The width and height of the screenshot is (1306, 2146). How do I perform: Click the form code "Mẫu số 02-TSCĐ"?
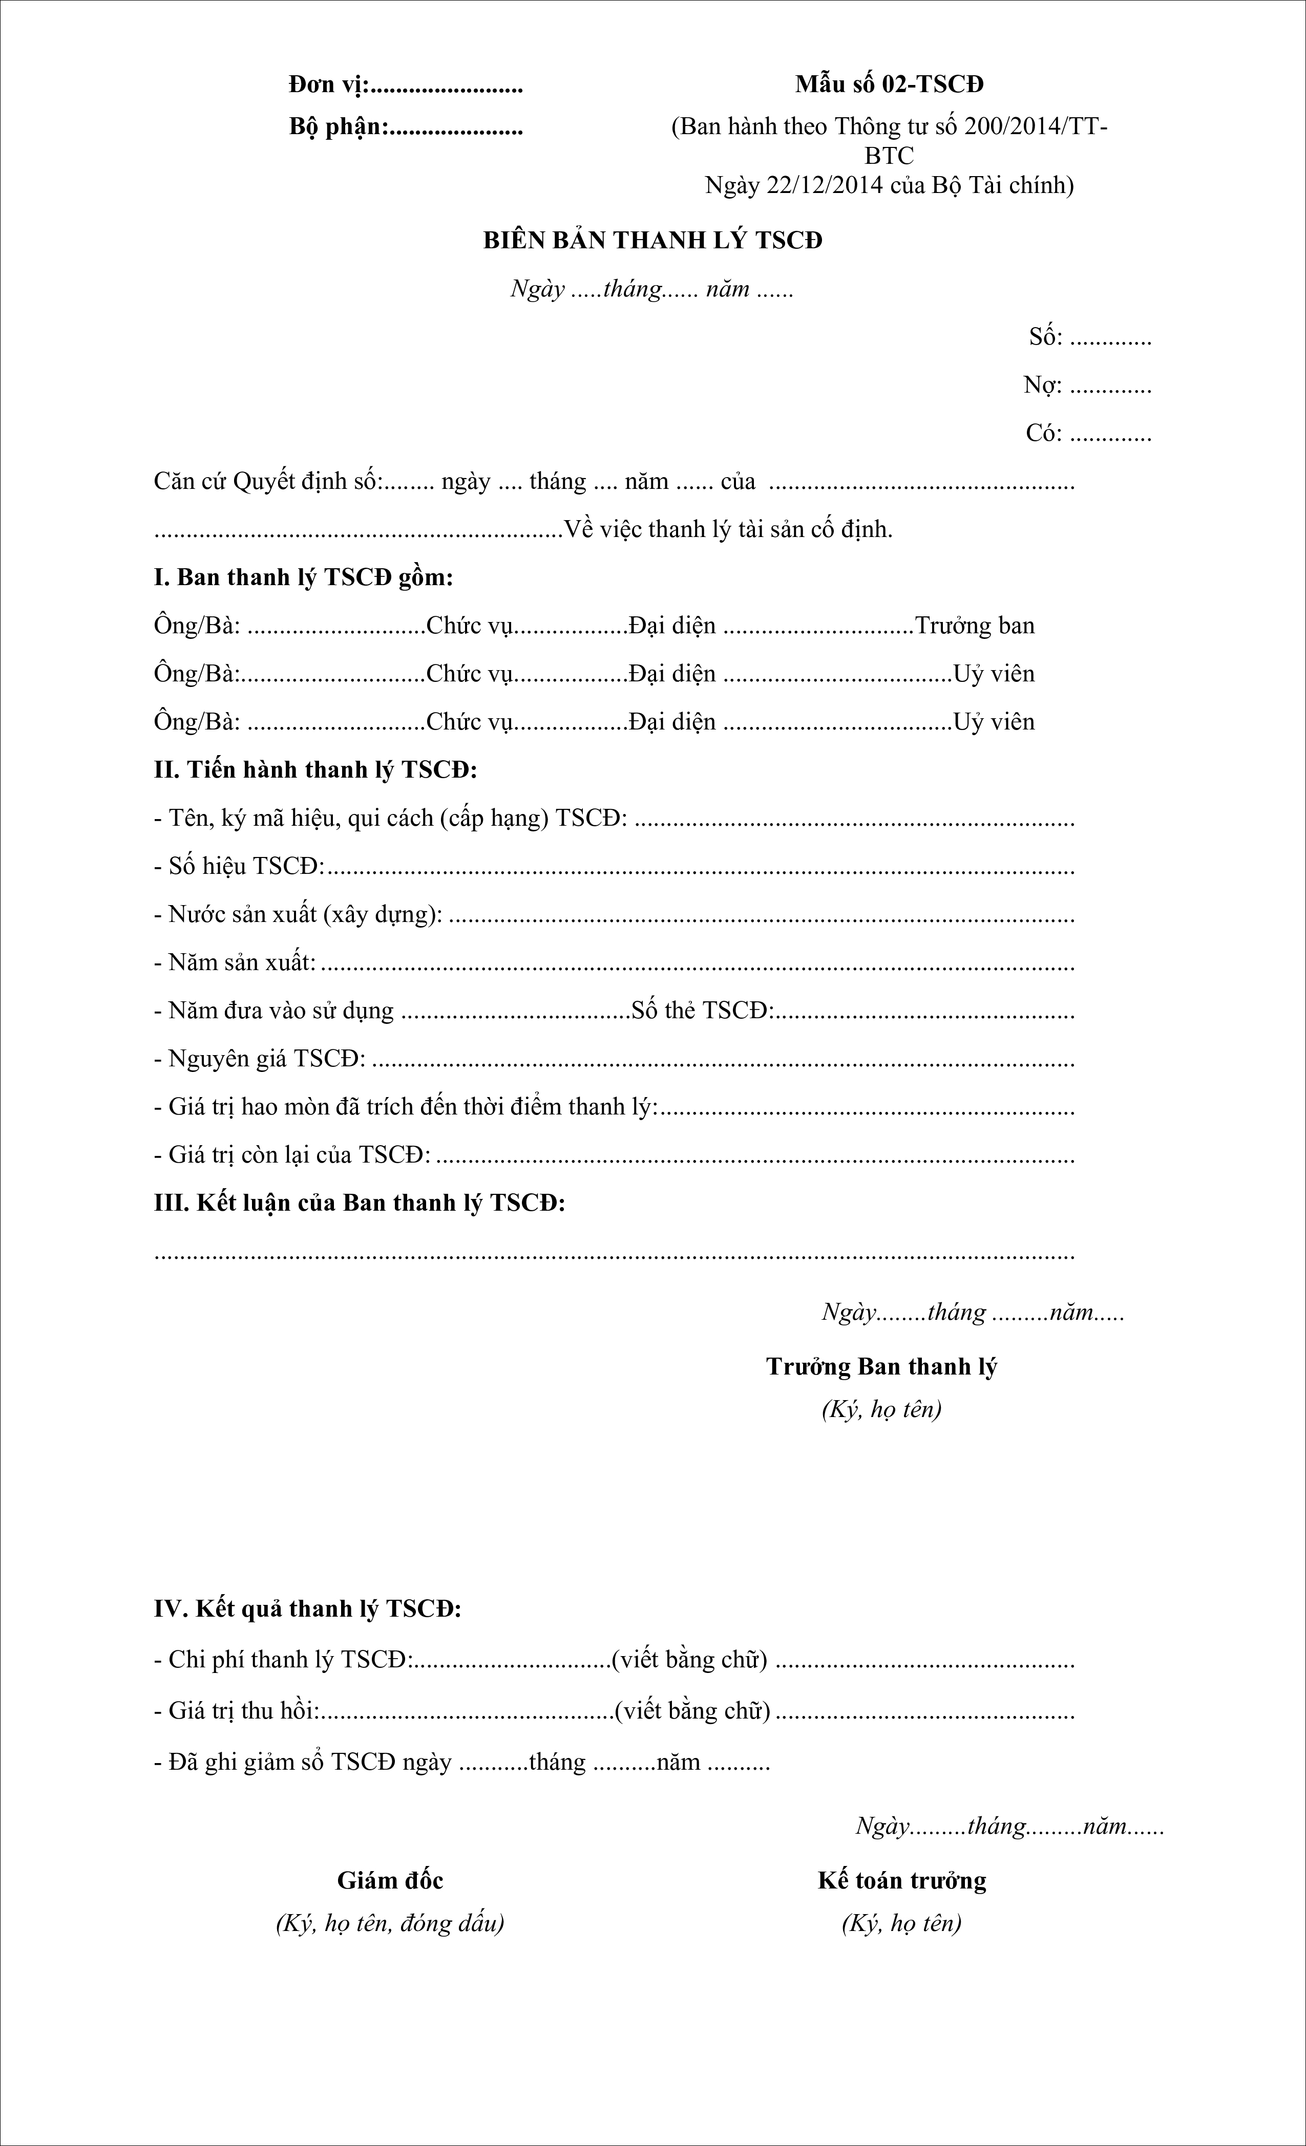(889, 84)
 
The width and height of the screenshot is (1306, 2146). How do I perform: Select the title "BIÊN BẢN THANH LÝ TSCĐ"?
(652, 241)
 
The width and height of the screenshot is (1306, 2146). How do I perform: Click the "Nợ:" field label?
(1042, 385)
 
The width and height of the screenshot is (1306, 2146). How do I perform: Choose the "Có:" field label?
(1043, 433)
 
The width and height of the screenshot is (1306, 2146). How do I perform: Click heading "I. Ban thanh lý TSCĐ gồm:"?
(303, 577)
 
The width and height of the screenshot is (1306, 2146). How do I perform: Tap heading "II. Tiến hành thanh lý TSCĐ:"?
(315, 770)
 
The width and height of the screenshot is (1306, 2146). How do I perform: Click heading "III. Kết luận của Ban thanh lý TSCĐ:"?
(359, 1203)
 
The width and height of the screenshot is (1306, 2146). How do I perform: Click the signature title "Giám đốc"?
(390, 1880)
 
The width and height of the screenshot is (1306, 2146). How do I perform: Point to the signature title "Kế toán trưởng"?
(902, 1880)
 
